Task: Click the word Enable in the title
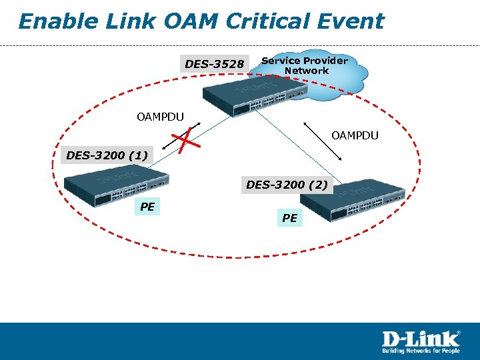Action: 51,21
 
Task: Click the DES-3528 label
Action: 214,64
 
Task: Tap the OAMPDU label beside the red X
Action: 160,117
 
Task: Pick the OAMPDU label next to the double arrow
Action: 355,135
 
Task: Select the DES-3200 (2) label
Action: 287,185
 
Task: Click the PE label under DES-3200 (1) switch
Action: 147,207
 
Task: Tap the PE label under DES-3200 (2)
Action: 289,217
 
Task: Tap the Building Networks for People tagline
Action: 420,351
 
